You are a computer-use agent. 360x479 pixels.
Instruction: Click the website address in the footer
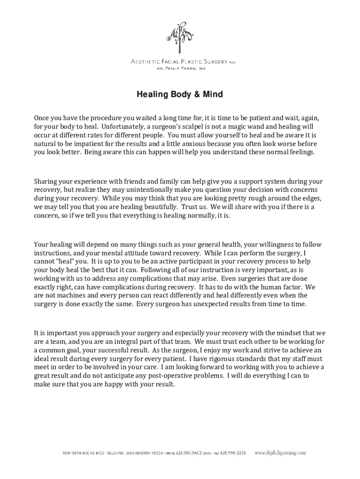click(x=280, y=453)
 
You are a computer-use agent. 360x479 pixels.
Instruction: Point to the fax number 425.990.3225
click(x=234, y=453)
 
